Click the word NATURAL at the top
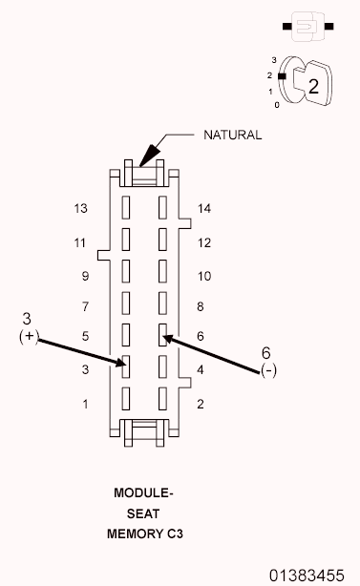pos(232,135)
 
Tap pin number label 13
pos(81,208)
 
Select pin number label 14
pos(204,208)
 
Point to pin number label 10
pos(204,276)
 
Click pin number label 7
pos(85,306)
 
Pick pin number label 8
pos(201,306)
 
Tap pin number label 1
pos(85,404)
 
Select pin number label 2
pos(201,404)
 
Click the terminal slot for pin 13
pos(126,207)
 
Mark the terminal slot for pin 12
pos(162,240)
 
